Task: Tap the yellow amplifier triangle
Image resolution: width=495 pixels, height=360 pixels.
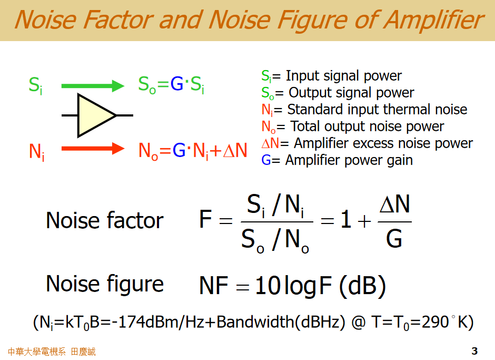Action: click(95, 115)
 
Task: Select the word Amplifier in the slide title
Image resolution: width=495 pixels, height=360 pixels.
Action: click(433, 20)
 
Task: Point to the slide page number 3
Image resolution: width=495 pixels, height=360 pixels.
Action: click(474, 351)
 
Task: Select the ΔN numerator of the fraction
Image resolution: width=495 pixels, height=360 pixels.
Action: click(394, 204)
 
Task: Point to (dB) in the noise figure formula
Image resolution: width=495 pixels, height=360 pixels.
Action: click(362, 286)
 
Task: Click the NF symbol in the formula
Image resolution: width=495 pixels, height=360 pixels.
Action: click(213, 286)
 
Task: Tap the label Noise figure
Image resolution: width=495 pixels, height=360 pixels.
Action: click(105, 284)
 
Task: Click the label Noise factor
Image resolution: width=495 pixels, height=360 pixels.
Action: click(105, 220)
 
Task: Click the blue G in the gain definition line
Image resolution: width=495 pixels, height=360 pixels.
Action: click(266, 160)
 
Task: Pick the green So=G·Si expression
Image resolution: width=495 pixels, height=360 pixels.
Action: click(171, 85)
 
